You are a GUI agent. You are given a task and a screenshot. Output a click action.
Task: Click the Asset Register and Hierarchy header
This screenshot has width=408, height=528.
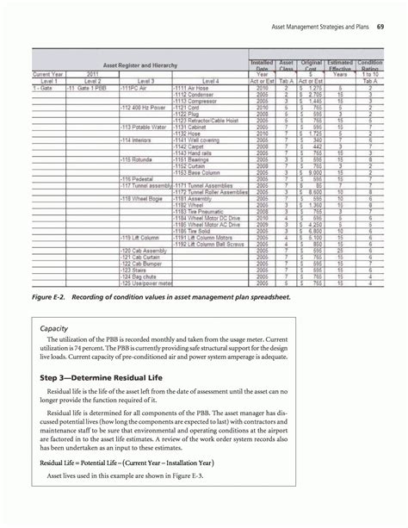[139, 65]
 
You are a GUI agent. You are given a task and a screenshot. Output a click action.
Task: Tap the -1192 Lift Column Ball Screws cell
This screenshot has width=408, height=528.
[207, 244]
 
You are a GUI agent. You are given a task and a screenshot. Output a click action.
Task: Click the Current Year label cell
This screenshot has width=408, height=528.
[46, 76]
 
